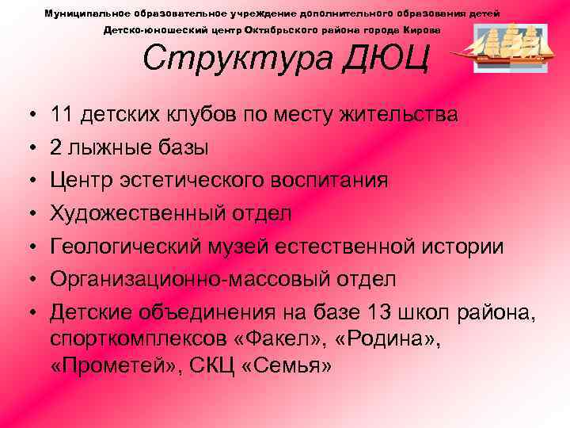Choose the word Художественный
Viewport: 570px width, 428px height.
pos(144,213)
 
